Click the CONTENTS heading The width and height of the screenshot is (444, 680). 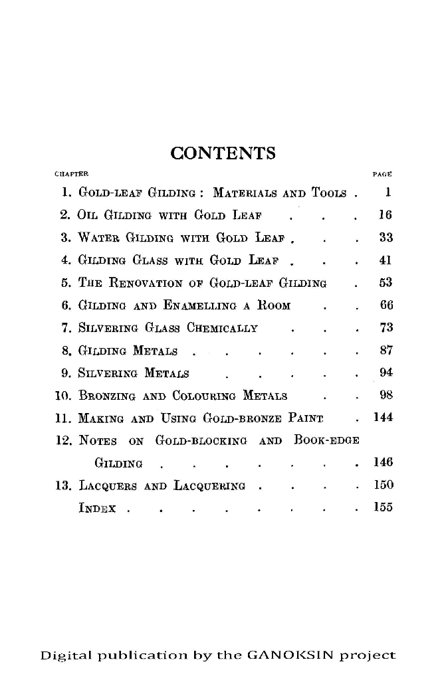[x=223, y=153]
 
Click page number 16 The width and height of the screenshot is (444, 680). [x=384, y=215]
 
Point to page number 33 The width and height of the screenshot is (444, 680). [x=384, y=237]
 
